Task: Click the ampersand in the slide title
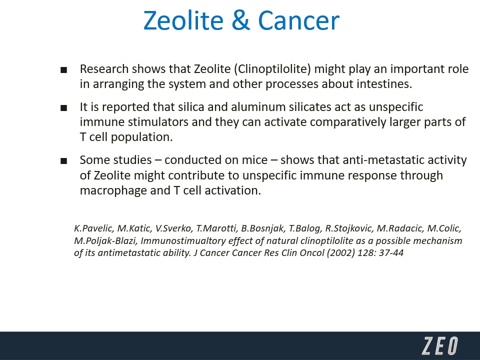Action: tap(241, 20)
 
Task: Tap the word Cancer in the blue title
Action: tap(299, 20)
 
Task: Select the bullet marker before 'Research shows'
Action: tap(63, 70)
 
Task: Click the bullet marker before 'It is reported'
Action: tap(63, 108)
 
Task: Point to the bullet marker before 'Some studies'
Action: tap(63, 161)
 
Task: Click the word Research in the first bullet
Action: tap(104, 69)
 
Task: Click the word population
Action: tap(141, 137)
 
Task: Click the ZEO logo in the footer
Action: tap(440, 346)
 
